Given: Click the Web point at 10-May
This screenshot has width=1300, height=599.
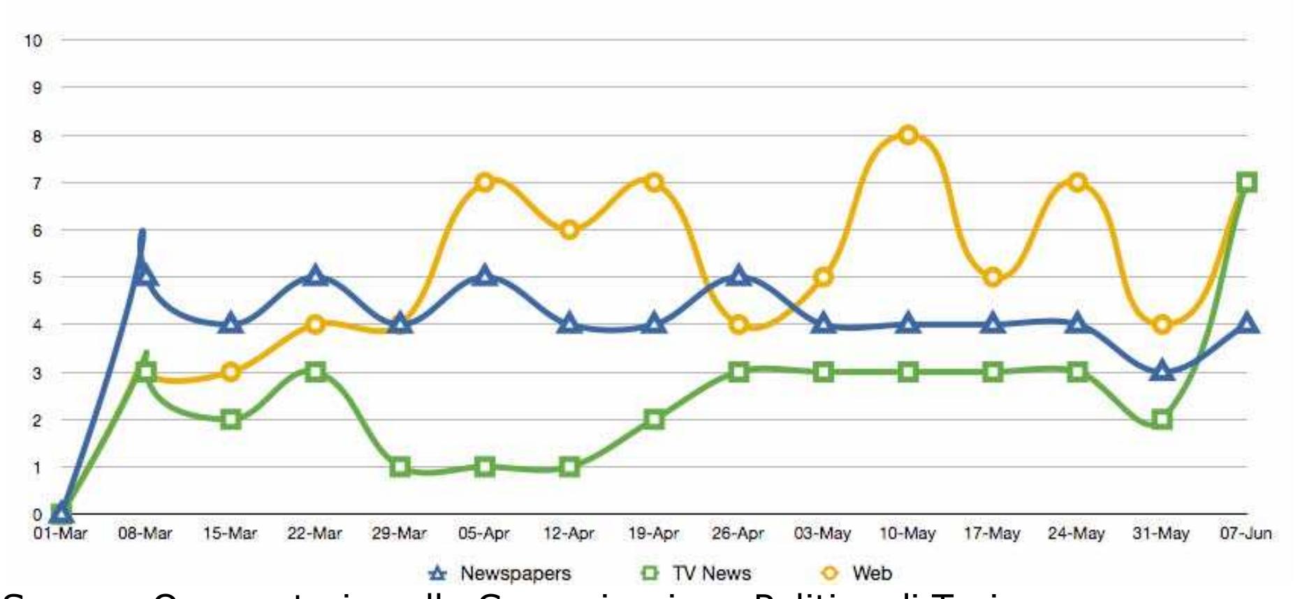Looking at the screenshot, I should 908,135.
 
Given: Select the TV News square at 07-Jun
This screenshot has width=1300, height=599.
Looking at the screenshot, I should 1247,183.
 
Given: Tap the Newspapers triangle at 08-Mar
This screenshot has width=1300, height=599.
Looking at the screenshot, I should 145,276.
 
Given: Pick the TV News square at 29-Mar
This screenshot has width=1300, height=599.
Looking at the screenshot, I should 400,467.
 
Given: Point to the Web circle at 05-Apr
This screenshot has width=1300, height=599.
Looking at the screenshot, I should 485,182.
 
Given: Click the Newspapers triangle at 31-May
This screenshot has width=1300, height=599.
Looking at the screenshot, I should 1162,371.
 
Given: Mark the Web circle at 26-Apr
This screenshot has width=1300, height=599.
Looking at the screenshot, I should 739,325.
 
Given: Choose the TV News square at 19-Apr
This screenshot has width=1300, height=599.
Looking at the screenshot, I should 654,420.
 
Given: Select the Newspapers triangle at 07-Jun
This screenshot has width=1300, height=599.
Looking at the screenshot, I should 1248,324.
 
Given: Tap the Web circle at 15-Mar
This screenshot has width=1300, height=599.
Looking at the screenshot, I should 231,372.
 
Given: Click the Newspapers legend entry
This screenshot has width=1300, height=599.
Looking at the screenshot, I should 499,574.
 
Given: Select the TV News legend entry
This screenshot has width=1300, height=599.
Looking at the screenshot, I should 696,574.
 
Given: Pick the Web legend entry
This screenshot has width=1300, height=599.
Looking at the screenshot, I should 858,574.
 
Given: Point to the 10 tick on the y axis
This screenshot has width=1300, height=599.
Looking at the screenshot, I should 34,40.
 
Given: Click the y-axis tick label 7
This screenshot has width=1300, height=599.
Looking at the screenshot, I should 37,183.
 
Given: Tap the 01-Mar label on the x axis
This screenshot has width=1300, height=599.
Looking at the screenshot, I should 61,534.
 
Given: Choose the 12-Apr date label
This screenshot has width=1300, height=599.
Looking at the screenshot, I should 569,534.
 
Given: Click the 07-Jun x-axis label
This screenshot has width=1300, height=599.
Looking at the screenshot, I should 1246,534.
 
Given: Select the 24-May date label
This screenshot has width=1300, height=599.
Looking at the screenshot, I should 1076,534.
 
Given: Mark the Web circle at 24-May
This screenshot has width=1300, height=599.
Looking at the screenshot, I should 1077,182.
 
